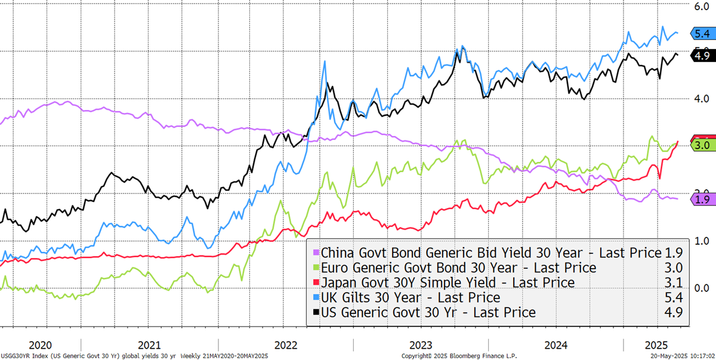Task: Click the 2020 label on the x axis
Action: [x=40, y=345]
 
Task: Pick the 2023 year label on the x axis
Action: [x=421, y=345]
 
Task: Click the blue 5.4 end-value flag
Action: [x=698, y=33]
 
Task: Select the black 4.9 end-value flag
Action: [x=698, y=56]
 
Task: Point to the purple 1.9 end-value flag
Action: [x=698, y=199]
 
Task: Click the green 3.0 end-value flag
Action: [x=698, y=145]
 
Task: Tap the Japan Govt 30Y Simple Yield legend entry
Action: [x=447, y=282]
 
